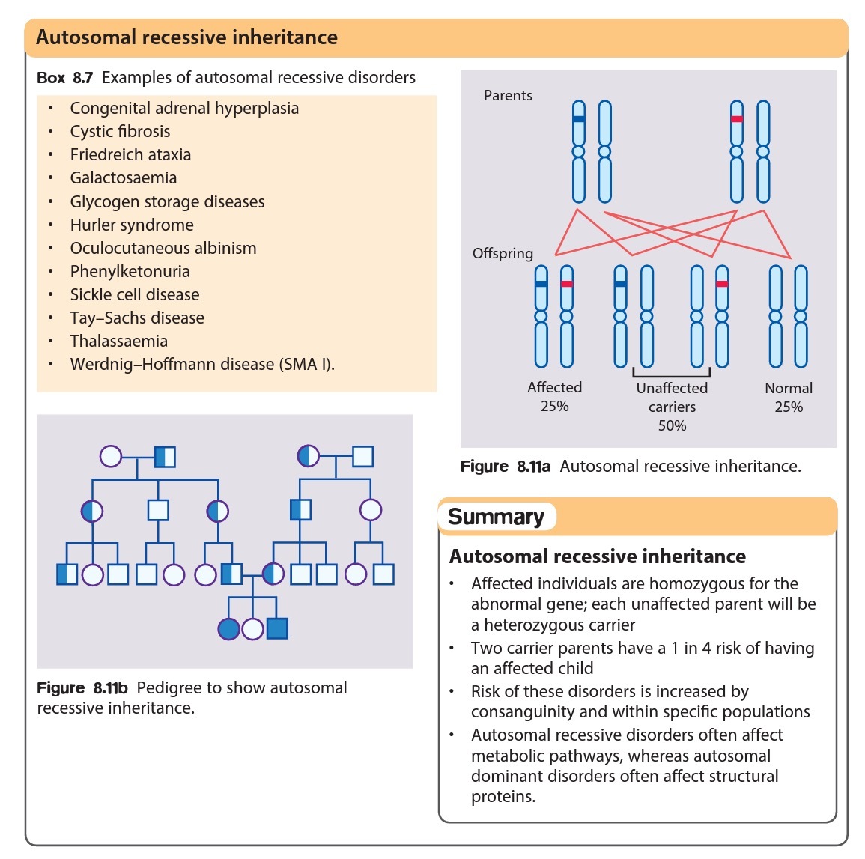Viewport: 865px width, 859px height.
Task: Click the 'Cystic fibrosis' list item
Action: [x=120, y=132]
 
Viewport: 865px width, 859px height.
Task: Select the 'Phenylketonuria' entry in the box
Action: [x=130, y=272]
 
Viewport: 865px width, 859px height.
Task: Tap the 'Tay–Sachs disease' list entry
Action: [x=137, y=318]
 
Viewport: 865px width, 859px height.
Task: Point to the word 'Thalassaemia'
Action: [x=118, y=342]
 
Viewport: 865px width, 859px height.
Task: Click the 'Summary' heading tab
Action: [x=496, y=517]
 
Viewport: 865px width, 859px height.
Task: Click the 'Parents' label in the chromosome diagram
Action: [x=508, y=96]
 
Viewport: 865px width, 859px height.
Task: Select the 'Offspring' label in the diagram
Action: [x=503, y=254]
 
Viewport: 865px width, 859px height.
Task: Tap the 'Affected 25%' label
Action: [x=554, y=397]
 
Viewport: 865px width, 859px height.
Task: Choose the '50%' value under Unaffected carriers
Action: [x=672, y=426]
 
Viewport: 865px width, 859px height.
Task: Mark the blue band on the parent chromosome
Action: [x=578, y=119]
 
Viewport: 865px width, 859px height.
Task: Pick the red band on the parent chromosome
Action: [x=737, y=119]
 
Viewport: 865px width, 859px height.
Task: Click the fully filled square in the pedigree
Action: [x=277, y=628]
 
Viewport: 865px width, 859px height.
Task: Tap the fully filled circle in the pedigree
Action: [x=228, y=628]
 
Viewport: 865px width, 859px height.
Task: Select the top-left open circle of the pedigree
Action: [x=111, y=456]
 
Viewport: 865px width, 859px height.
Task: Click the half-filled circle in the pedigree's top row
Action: [x=309, y=455]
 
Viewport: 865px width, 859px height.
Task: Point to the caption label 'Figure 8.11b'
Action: [x=82, y=688]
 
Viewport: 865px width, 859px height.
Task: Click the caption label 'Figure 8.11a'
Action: [x=506, y=467]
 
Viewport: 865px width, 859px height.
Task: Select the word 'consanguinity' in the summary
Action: [x=522, y=712]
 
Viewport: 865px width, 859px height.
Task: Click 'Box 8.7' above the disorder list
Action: [x=64, y=78]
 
